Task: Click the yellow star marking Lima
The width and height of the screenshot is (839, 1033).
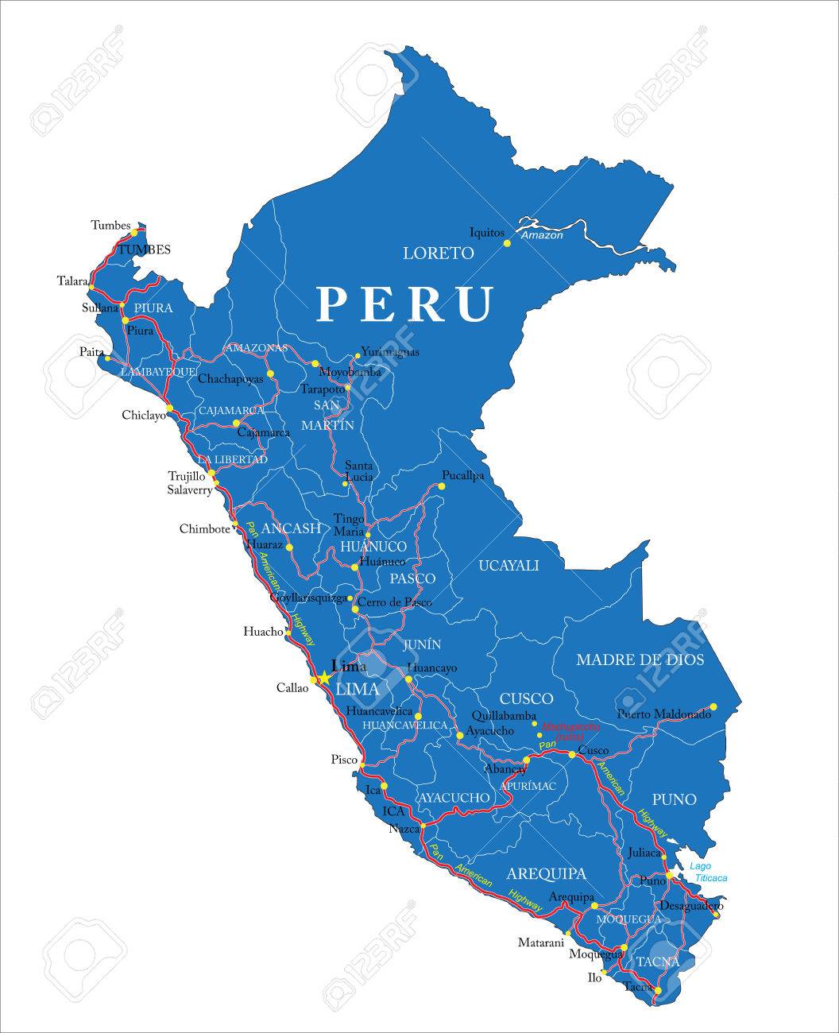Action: (323, 679)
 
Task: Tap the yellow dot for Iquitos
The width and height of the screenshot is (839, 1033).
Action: (508, 244)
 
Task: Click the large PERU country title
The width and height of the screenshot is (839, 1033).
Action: (406, 304)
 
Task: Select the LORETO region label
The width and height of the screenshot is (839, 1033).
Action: (439, 253)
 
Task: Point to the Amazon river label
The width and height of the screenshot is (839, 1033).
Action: (542, 235)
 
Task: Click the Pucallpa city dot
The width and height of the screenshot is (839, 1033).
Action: (442, 486)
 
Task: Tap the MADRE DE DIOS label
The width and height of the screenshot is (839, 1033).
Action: (640, 660)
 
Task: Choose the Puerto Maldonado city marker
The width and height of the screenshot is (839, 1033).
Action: (713, 706)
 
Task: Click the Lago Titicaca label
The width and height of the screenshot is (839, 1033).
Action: (708, 872)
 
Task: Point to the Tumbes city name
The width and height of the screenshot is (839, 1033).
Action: (110, 226)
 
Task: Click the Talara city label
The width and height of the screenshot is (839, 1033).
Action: (72, 280)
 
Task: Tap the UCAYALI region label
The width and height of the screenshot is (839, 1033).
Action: (508, 566)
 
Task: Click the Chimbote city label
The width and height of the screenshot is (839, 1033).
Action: (205, 528)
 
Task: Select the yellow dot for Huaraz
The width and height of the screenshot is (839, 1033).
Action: (289, 547)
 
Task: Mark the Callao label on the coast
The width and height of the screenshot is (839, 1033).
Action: (292, 688)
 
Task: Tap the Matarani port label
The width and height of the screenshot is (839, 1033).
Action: (541, 942)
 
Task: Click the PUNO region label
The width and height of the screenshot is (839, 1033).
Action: (674, 799)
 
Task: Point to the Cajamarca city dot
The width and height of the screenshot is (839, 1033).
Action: (236, 423)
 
